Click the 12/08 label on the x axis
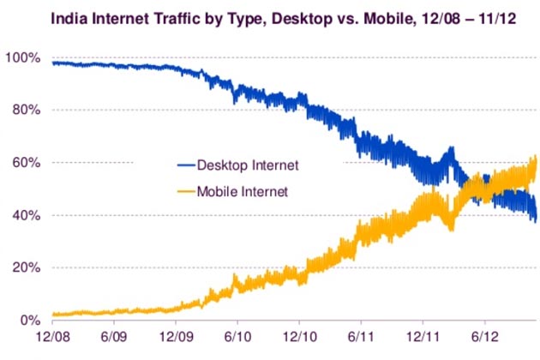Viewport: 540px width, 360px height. pyautogui.click(x=54, y=339)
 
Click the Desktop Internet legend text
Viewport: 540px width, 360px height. pyautogui.click(x=248, y=164)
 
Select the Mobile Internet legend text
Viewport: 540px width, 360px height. pyautogui.click(x=243, y=191)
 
